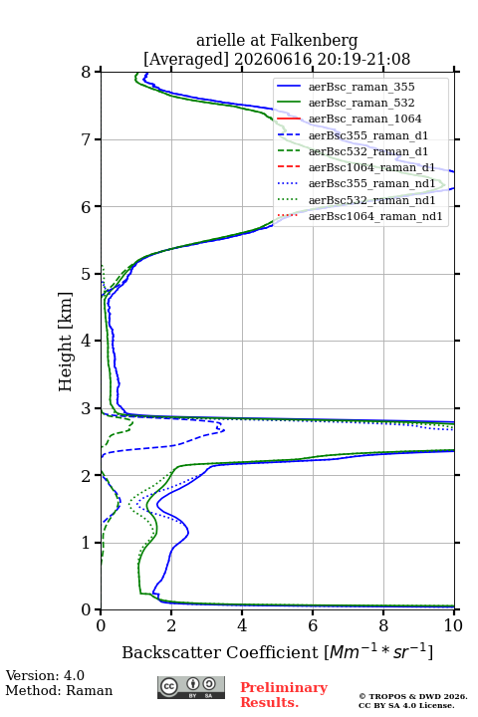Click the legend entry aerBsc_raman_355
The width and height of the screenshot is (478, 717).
[361, 87]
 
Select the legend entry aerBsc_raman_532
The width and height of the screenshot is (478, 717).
[361, 103]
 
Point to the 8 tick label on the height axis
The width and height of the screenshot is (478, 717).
[87, 72]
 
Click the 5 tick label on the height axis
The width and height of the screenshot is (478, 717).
[87, 274]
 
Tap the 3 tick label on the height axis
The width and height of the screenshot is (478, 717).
[87, 408]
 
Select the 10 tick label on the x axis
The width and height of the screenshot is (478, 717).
[453, 625]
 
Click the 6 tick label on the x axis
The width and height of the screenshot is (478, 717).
[313, 625]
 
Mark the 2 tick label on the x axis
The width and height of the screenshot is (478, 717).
[171, 625]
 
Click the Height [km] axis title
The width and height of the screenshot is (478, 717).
[66, 342]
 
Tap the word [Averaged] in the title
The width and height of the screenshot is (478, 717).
[185, 60]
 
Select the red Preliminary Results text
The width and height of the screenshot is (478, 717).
[284, 694]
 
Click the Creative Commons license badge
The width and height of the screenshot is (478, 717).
[191, 687]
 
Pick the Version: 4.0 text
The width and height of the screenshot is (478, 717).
[45, 675]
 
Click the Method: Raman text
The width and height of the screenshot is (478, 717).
[59, 690]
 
